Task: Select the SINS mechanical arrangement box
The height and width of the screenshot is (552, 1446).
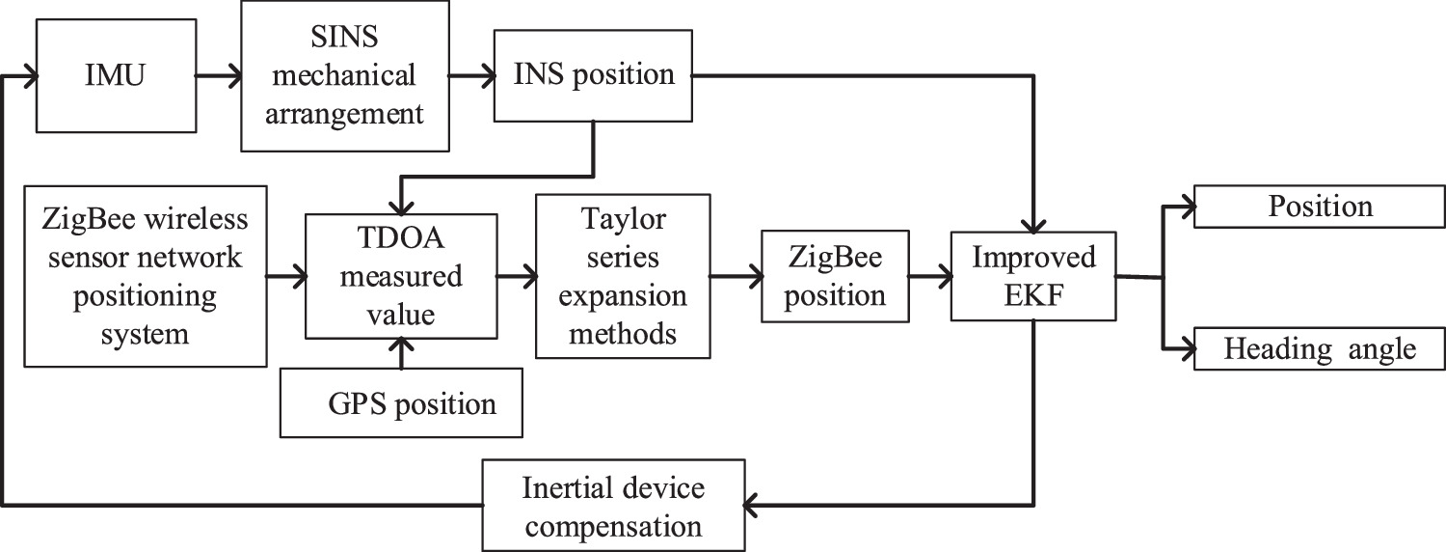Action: click(x=345, y=75)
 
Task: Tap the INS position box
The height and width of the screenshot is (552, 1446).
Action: click(x=592, y=74)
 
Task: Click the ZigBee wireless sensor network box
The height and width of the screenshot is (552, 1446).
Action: click(x=145, y=276)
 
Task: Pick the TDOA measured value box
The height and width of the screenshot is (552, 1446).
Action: click(x=399, y=276)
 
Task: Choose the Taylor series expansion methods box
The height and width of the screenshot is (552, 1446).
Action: click(x=623, y=276)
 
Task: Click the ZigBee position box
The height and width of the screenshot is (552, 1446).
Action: click(x=835, y=276)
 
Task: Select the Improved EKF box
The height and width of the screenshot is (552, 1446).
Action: click(x=1032, y=276)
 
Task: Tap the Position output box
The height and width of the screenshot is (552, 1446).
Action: click(x=1320, y=207)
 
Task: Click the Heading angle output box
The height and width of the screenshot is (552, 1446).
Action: click(x=1320, y=348)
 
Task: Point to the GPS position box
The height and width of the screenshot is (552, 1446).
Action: click(x=401, y=401)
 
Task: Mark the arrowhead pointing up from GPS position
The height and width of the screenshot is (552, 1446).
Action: click(x=400, y=354)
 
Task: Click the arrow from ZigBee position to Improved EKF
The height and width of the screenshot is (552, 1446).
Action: click(x=930, y=277)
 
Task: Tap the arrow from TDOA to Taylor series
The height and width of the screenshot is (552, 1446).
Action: click(x=516, y=277)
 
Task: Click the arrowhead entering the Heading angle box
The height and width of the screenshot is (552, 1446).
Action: click(x=1184, y=348)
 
